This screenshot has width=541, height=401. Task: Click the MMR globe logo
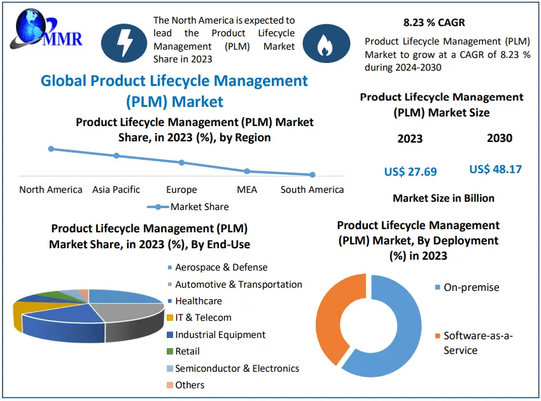pyautogui.click(x=45, y=30)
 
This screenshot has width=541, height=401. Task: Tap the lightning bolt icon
pyautogui.click(x=123, y=41)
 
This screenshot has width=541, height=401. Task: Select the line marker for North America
pyautogui.click(x=51, y=149)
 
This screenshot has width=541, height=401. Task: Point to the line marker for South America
pyautogui.click(x=313, y=174)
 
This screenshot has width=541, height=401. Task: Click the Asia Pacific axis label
pyautogui.click(x=116, y=190)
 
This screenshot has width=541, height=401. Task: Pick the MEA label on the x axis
pyautogui.click(x=247, y=190)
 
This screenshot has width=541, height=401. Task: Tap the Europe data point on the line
pyautogui.click(x=181, y=162)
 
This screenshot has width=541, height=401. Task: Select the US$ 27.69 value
pyautogui.click(x=411, y=171)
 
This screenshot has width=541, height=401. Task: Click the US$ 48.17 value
pyautogui.click(x=496, y=169)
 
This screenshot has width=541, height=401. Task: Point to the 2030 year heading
pyautogui.click(x=500, y=138)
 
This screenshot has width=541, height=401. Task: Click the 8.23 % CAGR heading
pyautogui.click(x=434, y=23)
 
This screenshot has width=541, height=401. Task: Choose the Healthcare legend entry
pyautogui.click(x=197, y=301)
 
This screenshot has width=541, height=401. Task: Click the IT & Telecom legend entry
pyautogui.click(x=202, y=318)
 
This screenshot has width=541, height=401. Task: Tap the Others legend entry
pyautogui.click(x=189, y=384)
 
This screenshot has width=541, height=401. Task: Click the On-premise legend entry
pyautogui.click(x=470, y=288)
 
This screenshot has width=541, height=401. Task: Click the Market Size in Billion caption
pyautogui.click(x=444, y=198)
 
